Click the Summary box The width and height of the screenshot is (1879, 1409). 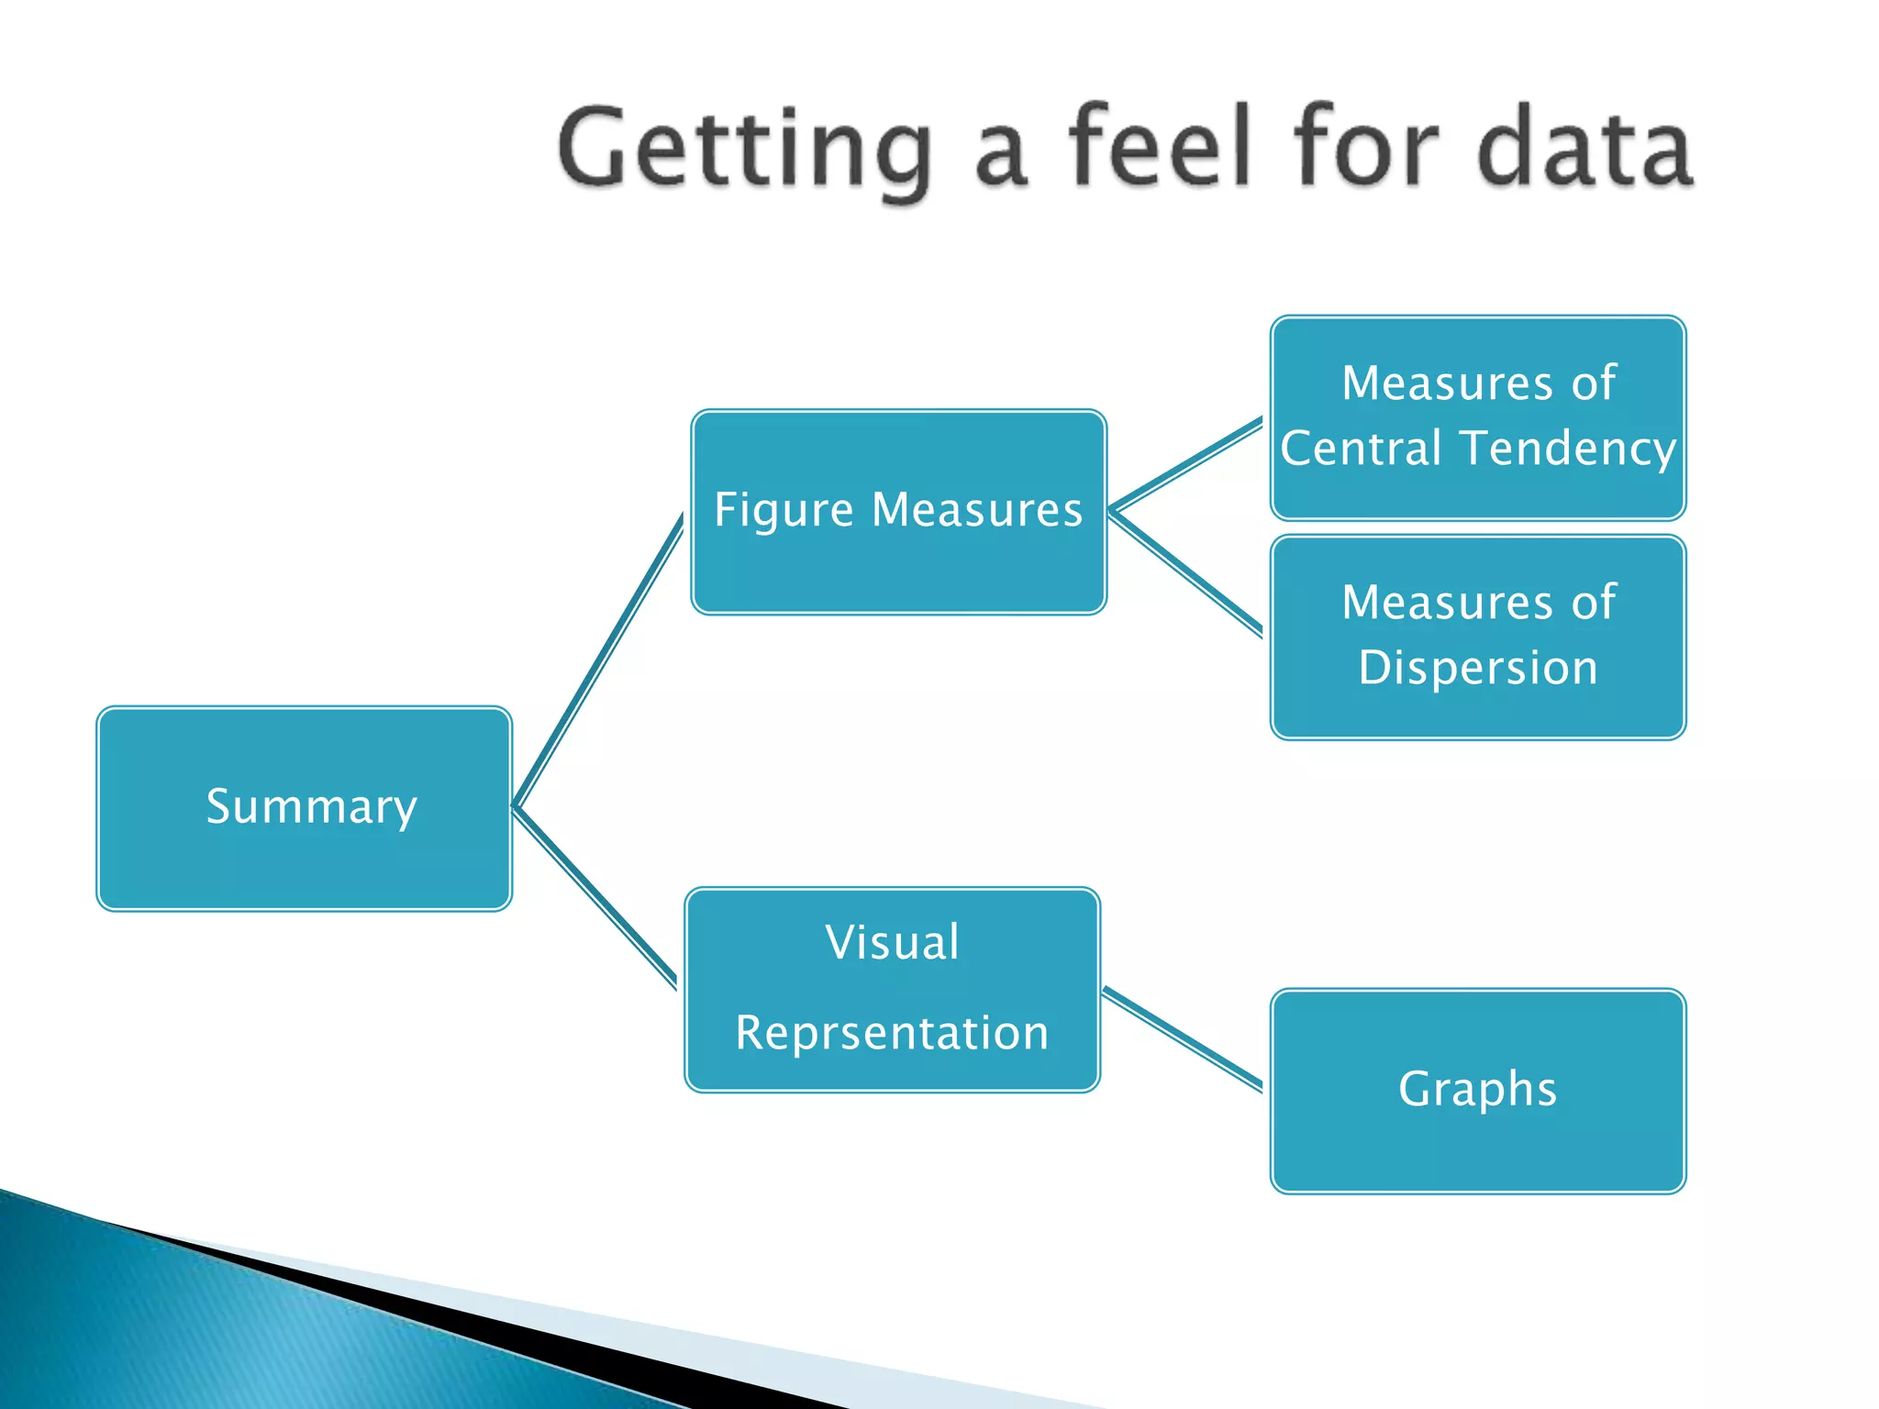304,808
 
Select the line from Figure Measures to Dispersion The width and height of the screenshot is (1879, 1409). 1185,571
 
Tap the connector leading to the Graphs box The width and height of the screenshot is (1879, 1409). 1182,1037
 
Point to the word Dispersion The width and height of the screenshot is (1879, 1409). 1477,667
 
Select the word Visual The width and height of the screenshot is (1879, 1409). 892,942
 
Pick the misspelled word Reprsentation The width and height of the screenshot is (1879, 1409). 892,1033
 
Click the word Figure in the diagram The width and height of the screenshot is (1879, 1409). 784,510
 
